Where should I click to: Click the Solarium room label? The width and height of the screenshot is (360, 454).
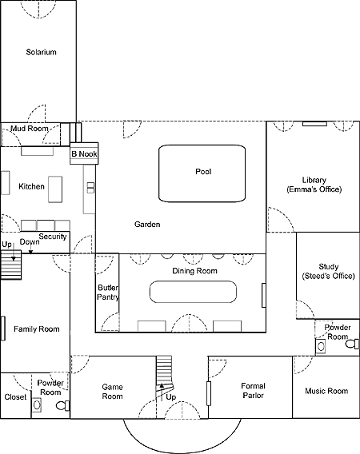click(x=41, y=52)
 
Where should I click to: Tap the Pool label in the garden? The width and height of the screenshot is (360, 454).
click(x=203, y=171)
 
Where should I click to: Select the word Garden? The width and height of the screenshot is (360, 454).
click(x=147, y=225)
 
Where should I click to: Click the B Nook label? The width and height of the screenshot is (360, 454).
click(x=84, y=154)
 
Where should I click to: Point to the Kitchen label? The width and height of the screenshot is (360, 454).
click(x=31, y=186)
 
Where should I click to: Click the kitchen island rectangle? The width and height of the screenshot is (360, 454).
click(x=55, y=189)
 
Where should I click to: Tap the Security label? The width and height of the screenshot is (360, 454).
click(x=53, y=237)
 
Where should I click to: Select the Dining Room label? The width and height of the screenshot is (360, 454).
click(x=194, y=271)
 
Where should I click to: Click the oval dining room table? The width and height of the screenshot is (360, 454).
click(x=193, y=292)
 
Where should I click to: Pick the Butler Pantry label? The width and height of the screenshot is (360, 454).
click(x=108, y=293)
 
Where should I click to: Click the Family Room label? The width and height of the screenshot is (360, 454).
click(x=37, y=329)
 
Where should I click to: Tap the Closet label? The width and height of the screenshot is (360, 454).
click(x=15, y=397)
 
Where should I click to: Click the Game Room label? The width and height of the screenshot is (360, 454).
click(x=112, y=392)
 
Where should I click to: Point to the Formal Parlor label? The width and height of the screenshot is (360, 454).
click(x=253, y=391)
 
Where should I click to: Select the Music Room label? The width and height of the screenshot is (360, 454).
click(x=326, y=391)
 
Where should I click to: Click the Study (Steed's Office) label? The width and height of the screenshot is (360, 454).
click(x=329, y=271)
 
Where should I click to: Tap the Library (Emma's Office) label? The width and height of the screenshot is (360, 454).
click(x=314, y=185)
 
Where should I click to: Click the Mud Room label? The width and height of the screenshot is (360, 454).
click(x=30, y=129)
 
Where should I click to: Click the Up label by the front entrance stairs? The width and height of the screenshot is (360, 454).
click(x=171, y=397)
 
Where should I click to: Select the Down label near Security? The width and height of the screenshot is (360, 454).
click(x=30, y=241)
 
